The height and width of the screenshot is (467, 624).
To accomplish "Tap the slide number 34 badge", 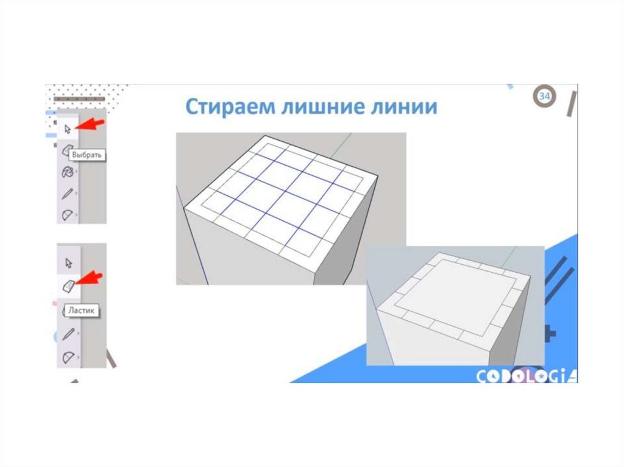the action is pyautogui.click(x=544, y=96).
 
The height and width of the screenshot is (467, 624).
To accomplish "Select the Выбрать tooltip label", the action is pyautogui.click(x=87, y=155).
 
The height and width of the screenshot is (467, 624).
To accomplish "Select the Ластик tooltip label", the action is pyautogui.click(x=81, y=311).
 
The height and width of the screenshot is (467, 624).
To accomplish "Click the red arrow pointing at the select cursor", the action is pyautogui.click(x=89, y=124).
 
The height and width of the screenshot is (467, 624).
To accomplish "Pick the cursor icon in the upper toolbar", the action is pyautogui.click(x=68, y=129).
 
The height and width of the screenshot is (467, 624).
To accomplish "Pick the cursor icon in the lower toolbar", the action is pyautogui.click(x=68, y=263).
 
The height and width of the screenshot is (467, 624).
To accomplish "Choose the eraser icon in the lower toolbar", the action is pyautogui.click(x=68, y=286).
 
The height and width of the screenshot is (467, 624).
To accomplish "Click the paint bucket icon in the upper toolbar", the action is pyautogui.click(x=67, y=172).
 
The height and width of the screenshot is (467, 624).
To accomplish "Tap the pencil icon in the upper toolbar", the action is pyautogui.click(x=68, y=194).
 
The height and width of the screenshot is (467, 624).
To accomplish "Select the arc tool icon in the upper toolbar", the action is pyautogui.click(x=68, y=215).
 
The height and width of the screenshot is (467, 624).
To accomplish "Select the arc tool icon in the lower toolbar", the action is pyautogui.click(x=68, y=357).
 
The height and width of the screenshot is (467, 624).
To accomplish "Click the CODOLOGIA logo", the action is pyautogui.click(x=526, y=376).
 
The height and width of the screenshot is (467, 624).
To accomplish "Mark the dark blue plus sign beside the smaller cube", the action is pyautogui.click(x=549, y=334).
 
